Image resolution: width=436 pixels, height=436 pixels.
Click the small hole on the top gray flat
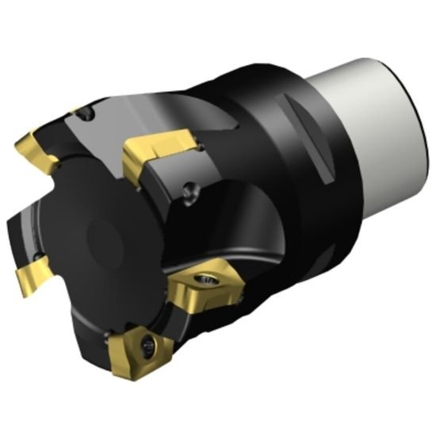[x=89, y=117]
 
